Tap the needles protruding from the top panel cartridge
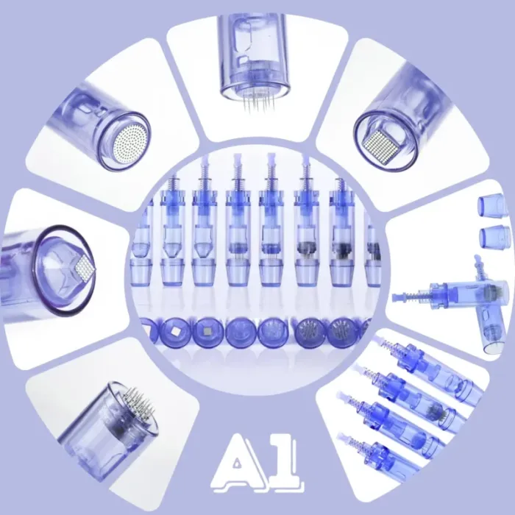click(x=259, y=102)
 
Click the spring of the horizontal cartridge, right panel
click(x=417, y=295)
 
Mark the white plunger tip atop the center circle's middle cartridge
click(x=271, y=158)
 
